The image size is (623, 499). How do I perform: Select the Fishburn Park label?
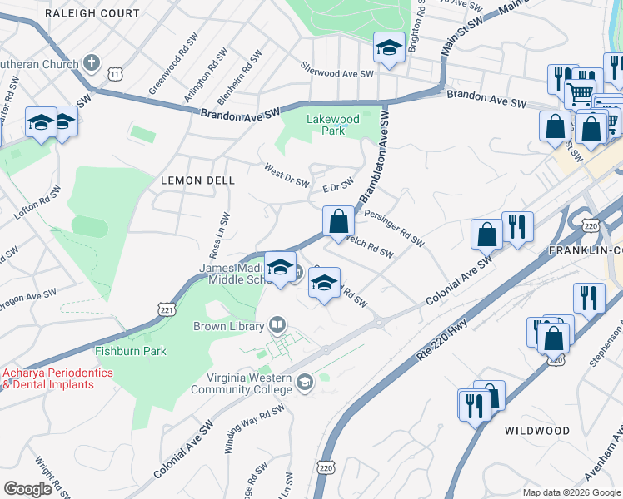pos(130,351)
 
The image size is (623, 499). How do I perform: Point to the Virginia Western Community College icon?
pos(304,383)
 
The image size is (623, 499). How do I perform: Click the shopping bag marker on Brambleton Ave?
pos(338,222)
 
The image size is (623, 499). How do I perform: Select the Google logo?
pos(27,489)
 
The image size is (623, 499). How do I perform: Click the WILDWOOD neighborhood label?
pos(537,431)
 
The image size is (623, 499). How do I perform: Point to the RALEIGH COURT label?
pos(92,13)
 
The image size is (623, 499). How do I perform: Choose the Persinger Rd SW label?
pos(394,226)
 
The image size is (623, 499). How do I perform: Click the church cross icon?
pos(92,62)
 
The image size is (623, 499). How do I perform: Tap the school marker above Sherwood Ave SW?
pos(388,49)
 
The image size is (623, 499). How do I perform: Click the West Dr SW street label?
pos(287,176)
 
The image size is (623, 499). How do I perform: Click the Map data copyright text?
pos(571,492)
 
